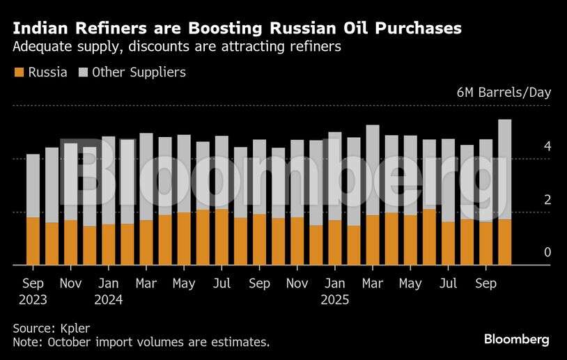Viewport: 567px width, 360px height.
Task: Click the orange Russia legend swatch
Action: click(19, 72)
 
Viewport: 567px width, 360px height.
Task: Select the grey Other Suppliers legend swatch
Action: click(83, 72)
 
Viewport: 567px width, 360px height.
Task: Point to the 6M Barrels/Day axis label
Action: click(504, 93)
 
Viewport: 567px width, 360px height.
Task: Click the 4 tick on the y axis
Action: click(547, 146)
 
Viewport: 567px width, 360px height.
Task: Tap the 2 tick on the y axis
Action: click(547, 200)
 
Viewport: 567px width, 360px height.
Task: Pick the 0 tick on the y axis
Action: click(547, 252)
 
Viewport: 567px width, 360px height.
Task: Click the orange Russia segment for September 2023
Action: click(33, 241)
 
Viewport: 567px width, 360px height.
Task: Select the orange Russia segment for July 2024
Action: click(222, 237)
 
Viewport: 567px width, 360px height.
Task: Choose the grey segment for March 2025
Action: click(373, 170)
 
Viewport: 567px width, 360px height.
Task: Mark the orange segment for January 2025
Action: click(335, 242)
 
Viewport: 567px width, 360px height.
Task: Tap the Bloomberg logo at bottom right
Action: click(517, 339)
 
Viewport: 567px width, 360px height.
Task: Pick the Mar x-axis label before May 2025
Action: click(373, 283)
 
